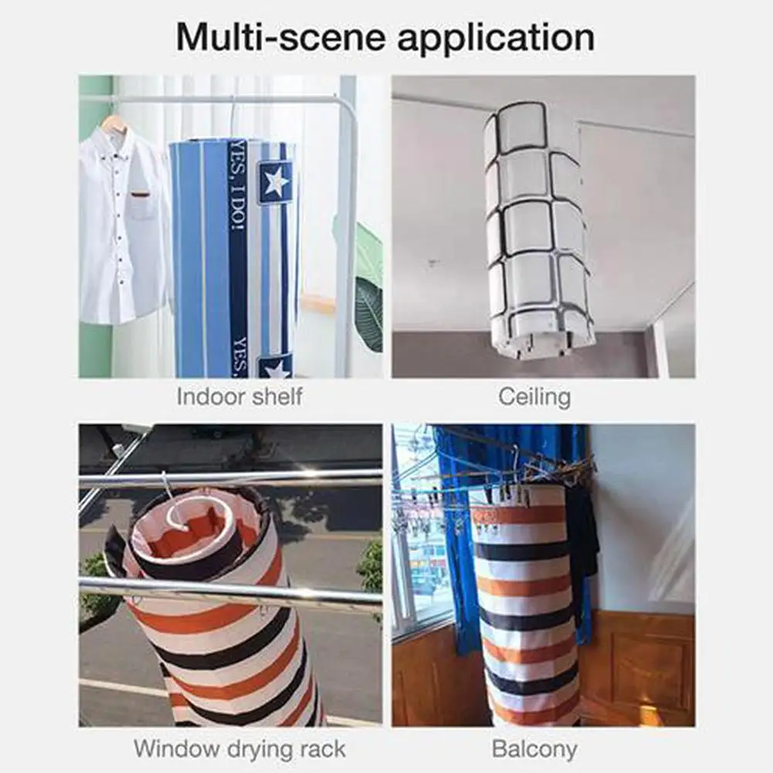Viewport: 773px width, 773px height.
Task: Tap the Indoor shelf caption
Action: [x=239, y=397]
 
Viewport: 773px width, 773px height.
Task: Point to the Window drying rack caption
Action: [x=239, y=749]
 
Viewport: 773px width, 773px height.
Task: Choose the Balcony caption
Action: [x=534, y=749]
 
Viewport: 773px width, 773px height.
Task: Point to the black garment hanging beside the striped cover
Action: [x=581, y=542]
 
